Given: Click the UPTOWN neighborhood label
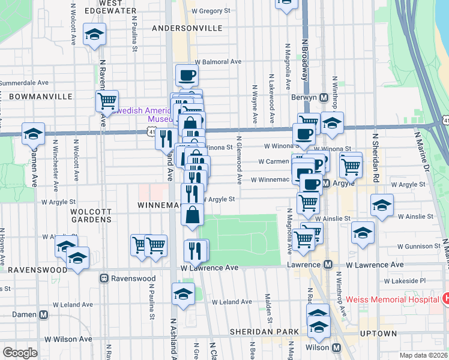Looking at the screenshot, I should (378, 333).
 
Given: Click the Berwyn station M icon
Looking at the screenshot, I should (323, 97).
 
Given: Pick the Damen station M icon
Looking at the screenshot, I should (43, 314).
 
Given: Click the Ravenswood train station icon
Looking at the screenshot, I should (104, 278).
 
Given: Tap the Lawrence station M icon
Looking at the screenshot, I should (328, 265).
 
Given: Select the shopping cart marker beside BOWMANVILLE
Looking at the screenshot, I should (107, 100).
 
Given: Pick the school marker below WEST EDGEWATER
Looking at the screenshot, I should (94, 35).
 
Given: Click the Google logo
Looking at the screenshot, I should (20, 353).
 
